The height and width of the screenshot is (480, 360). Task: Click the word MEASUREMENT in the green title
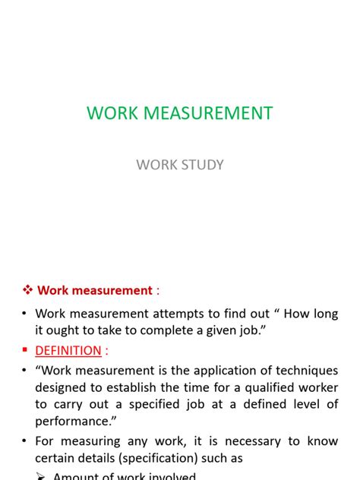[x=204, y=113]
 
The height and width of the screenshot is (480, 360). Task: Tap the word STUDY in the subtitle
[x=201, y=164]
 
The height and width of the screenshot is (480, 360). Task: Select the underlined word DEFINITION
[x=68, y=350]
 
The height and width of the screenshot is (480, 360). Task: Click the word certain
[x=55, y=458]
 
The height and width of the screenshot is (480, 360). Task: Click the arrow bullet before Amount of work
[x=41, y=476]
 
